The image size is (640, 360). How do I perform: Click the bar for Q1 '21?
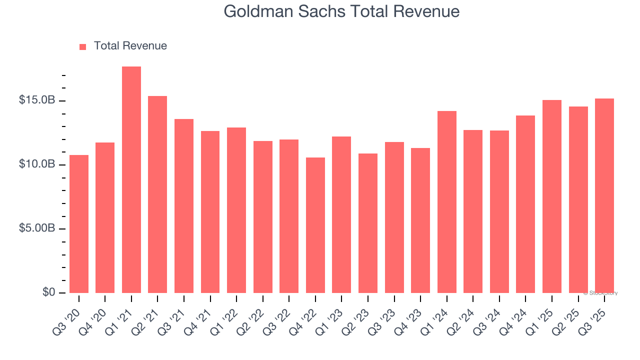pos(131,180)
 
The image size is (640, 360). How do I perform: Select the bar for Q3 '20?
pos(79,224)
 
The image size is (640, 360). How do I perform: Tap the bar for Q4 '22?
pos(315,225)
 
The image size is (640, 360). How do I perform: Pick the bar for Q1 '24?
pos(446,202)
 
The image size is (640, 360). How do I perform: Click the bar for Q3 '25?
pos(604,195)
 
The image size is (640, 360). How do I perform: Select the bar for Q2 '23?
pos(368,223)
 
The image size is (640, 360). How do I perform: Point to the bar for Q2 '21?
pos(157,194)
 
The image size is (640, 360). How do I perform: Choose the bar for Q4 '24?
pos(525,204)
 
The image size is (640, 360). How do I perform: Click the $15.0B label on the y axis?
pos(37,100)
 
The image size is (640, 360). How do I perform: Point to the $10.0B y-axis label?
pos(37,164)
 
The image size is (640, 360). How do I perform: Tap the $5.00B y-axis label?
pos(37,228)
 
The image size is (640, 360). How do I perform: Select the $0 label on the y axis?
pos(48,292)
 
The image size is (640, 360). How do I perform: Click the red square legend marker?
pos(83,46)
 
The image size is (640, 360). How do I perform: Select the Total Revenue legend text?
pos(130,46)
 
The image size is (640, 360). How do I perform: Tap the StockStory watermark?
pos(600,293)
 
